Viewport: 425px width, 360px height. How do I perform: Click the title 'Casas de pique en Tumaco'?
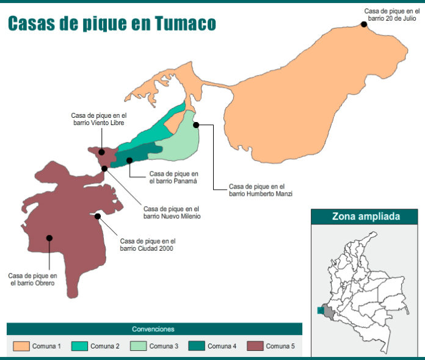pos(112,23)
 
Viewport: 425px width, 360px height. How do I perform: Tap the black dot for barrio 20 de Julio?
pos(364,24)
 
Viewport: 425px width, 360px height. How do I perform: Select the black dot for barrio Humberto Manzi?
pos(197,124)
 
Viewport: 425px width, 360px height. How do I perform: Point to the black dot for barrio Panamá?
pos(129,160)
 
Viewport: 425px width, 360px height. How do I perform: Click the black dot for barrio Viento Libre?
pos(102,152)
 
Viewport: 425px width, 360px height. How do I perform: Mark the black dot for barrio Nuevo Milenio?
pos(104,168)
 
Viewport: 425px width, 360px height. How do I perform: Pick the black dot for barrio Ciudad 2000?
pos(98,216)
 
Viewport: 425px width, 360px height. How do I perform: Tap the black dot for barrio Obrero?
pos(49,238)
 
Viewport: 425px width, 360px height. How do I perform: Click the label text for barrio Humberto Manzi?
pos(261,190)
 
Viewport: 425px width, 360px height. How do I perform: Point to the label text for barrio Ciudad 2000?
pos(148,244)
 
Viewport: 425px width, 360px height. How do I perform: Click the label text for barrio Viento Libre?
pos(98,119)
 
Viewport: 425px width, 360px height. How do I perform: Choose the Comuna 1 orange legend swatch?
pos(21,346)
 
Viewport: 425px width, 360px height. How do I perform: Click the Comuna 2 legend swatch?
pos(79,346)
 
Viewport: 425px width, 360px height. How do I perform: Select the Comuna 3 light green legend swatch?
pos(138,346)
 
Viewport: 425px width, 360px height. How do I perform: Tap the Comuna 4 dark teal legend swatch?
pos(197,346)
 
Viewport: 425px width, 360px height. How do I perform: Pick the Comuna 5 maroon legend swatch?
pos(255,346)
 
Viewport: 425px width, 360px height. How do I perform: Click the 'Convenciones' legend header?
pos(153,329)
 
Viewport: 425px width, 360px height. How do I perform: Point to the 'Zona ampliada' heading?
pos(366,216)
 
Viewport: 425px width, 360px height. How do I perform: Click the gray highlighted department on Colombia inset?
pos(329,313)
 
